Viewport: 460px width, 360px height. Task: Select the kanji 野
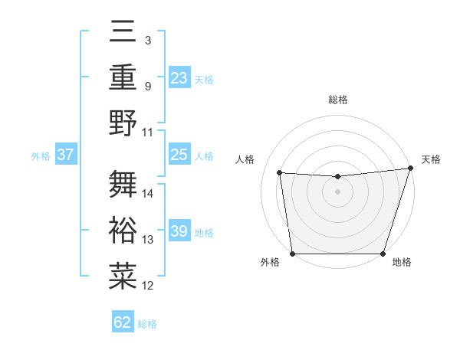(x=123, y=123)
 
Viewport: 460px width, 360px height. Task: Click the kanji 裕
(x=123, y=230)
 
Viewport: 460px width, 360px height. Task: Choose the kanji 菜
(x=123, y=276)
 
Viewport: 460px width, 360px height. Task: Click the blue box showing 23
(x=179, y=77)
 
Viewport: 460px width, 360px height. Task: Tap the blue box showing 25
(x=179, y=155)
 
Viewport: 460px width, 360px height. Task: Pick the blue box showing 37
(x=65, y=155)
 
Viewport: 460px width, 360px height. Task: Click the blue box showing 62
(x=123, y=322)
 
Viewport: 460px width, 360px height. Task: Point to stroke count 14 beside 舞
(x=149, y=194)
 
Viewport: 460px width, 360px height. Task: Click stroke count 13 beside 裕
(x=149, y=240)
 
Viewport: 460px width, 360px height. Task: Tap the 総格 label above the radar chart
(x=338, y=100)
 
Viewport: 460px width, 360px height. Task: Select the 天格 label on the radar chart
(x=431, y=159)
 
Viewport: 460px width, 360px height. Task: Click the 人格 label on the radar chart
(x=245, y=159)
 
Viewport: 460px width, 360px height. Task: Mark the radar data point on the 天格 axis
(x=410, y=169)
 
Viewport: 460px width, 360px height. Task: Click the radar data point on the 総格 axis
(x=337, y=177)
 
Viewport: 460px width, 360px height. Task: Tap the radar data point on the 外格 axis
(x=292, y=254)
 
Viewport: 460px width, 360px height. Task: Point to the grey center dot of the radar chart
(x=337, y=191)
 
